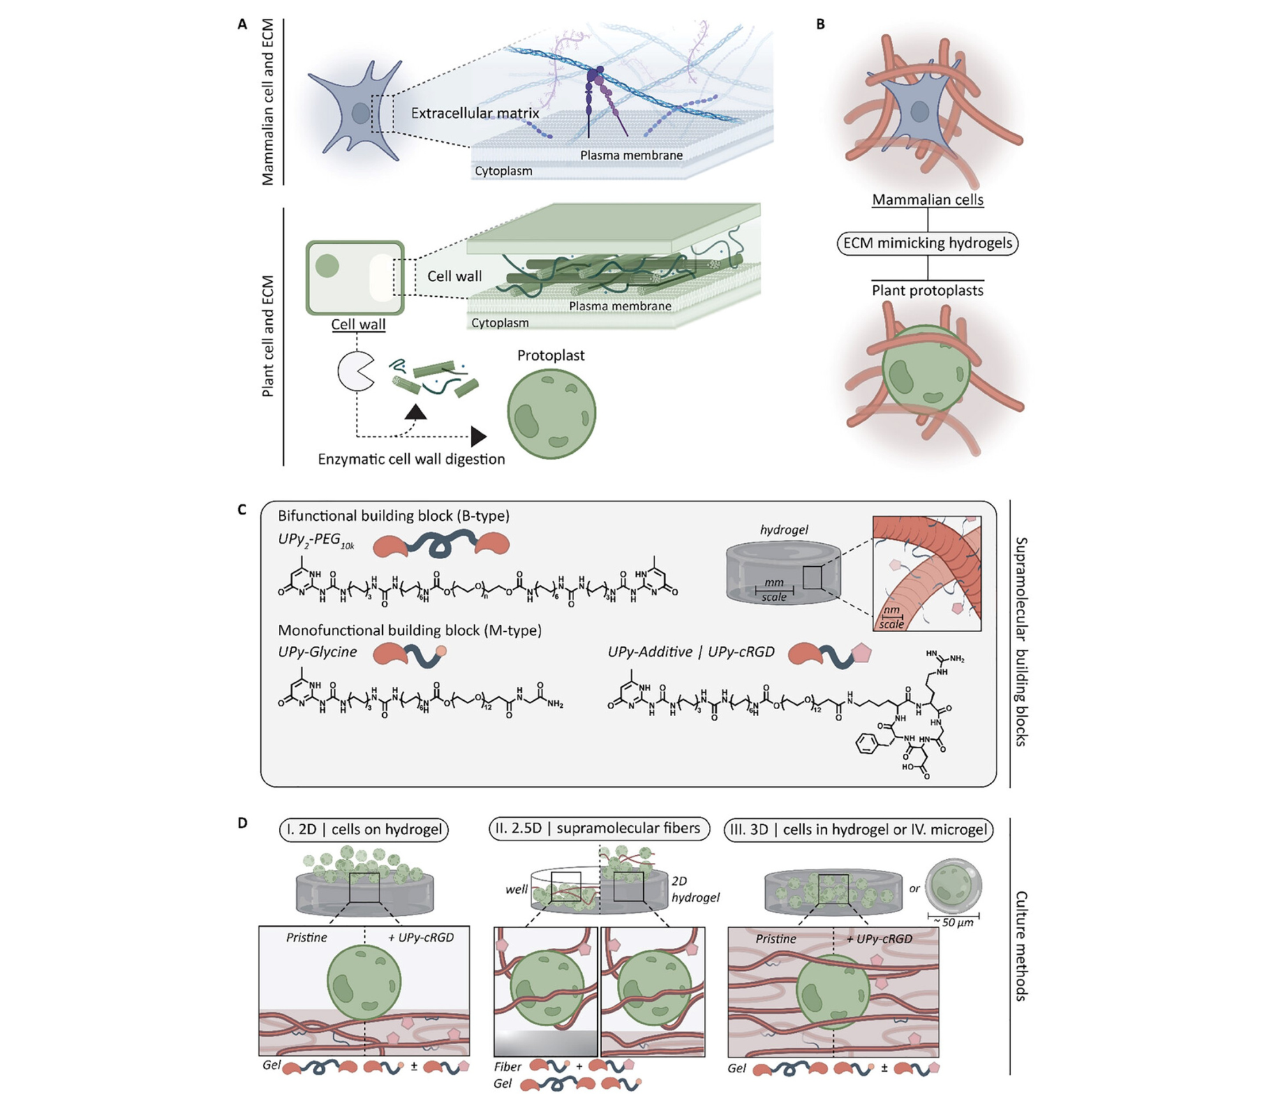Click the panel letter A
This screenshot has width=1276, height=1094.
pos(242,24)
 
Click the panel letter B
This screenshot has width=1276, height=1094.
pos(820,24)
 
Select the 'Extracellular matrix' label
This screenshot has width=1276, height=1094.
pos(475,113)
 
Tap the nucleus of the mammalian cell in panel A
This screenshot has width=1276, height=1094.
pos(360,113)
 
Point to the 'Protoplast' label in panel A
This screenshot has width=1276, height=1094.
pos(551,356)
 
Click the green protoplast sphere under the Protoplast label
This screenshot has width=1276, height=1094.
pos(551,412)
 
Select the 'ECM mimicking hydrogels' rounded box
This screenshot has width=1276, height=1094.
pos(927,243)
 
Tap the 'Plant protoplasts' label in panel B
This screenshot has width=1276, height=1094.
pos(927,290)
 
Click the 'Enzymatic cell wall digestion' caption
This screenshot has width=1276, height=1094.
pos(411,459)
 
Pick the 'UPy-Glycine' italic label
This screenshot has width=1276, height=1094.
pos(317,652)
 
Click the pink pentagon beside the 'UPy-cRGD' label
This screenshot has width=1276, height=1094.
pos(861,653)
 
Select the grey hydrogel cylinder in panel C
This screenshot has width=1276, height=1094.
pos(783,571)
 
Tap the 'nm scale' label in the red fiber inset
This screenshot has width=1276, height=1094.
pos(891,617)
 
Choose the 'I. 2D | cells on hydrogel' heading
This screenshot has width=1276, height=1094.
pos(364,829)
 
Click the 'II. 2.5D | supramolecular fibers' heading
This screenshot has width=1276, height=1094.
pos(598,828)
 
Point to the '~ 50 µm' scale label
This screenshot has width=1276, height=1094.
pos(953,922)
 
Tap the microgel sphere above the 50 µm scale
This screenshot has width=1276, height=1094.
pos(953,886)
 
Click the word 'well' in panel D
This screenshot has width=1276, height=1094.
pos(516,889)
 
